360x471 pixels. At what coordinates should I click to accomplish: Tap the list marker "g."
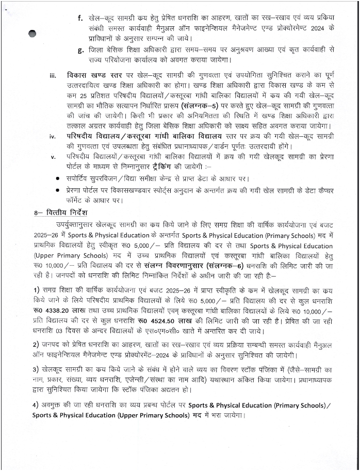[80, 50]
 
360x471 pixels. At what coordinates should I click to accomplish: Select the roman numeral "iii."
[52, 75]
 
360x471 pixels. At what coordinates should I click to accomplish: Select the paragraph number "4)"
[36, 405]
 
